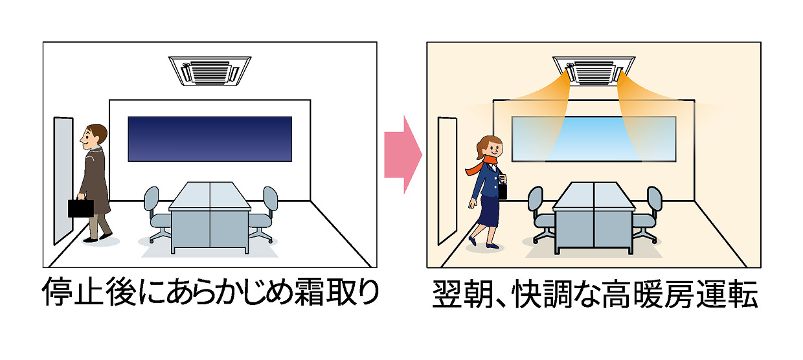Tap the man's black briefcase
(80, 207)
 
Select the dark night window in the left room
(209, 138)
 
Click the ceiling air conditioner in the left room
(209, 71)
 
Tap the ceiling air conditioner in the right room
(593, 71)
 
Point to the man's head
(93, 135)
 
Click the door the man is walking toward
(62, 181)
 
